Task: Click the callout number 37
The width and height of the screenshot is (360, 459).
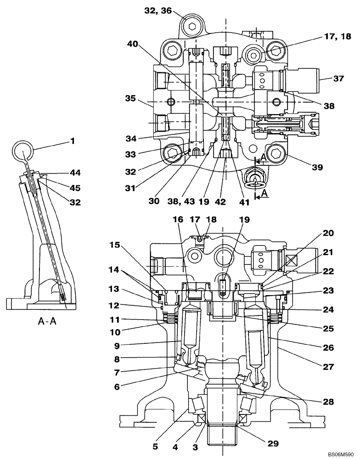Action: pos(338,78)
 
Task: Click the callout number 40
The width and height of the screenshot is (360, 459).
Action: pos(132,45)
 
